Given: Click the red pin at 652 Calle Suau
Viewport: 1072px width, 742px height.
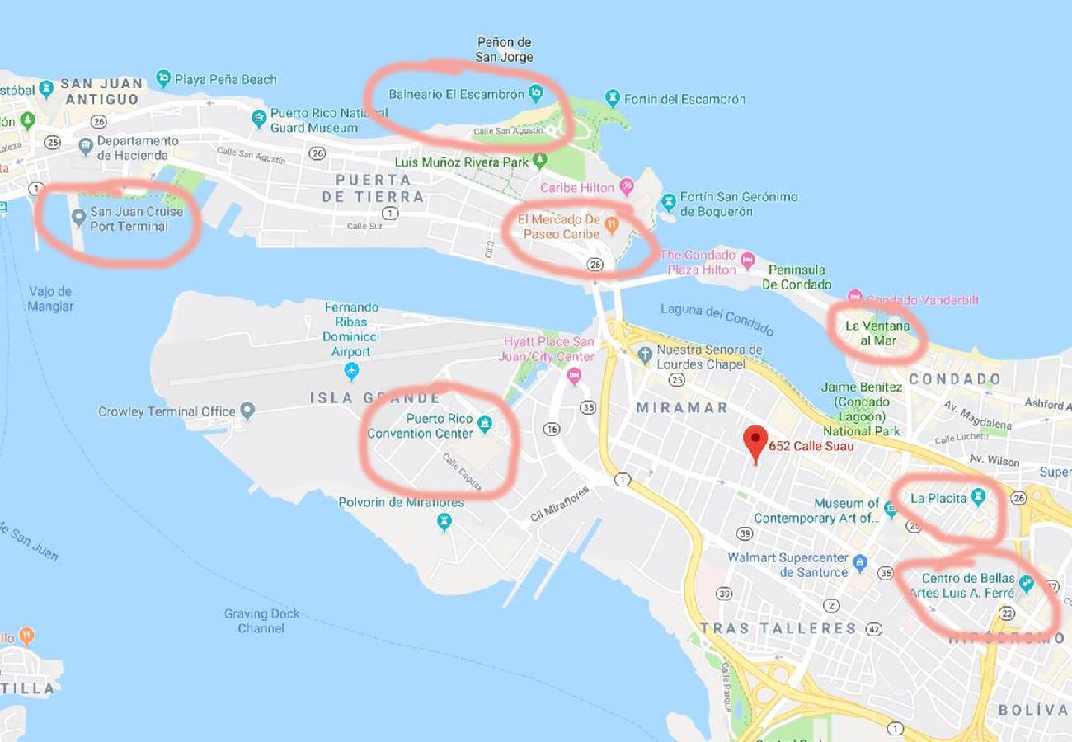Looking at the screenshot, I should (x=755, y=442).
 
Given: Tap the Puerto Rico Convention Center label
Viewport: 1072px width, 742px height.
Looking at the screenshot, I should (x=420, y=425).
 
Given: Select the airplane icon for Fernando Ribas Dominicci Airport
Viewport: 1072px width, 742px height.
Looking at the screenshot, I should (x=352, y=371).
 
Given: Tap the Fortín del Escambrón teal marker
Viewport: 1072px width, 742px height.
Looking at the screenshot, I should (x=612, y=99).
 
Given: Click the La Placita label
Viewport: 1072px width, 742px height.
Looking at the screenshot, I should (x=938, y=498).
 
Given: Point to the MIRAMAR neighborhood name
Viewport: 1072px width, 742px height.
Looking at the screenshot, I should (x=682, y=407).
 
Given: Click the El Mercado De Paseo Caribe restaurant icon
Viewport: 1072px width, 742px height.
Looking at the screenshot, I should (x=611, y=223).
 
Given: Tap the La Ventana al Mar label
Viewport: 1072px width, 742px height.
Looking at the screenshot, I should (x=877, y=332).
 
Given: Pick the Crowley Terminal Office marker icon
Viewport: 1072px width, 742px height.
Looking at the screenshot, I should (x=247, y=411).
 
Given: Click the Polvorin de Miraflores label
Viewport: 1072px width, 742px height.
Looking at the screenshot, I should (x=402, y=502).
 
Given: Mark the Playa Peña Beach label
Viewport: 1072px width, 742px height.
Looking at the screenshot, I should (x=225, y=79).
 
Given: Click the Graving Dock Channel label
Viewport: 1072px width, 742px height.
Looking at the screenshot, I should (x=261, y=621).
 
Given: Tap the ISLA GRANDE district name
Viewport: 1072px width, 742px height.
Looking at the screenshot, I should (x=375, y=397).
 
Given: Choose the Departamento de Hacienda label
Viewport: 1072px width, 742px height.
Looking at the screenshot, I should (x=137, y=148).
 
